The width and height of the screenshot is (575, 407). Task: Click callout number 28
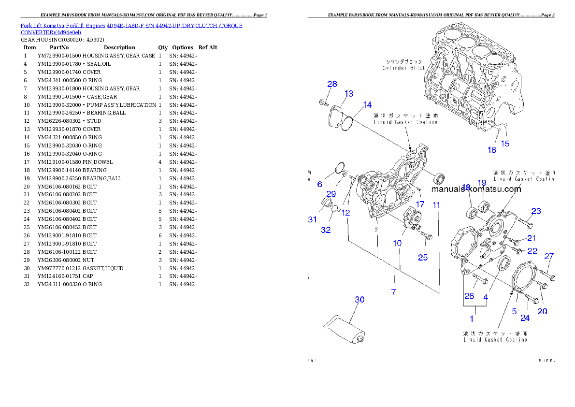click(332, 84)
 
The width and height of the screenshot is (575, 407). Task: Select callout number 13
click(348, 94)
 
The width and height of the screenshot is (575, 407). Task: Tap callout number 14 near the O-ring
click(367, 105)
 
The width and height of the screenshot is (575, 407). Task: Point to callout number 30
click(359, 300)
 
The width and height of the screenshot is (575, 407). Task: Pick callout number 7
click(394, 292)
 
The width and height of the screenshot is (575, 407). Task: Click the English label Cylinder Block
click(404, 68)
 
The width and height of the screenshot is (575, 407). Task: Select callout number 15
click(504, 144)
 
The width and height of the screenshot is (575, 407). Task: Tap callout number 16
click(491, 150)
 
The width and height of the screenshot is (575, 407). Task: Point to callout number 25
click(423, 258)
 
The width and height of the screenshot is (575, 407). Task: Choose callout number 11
click(436, 205)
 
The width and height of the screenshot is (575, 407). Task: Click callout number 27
click(549, 257)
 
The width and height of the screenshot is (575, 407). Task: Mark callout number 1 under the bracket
click(472, 319)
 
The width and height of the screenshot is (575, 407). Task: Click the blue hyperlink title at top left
click(131, 29)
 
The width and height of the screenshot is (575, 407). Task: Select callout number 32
click(326, 230)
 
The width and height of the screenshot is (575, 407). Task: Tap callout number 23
click(536, 211)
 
